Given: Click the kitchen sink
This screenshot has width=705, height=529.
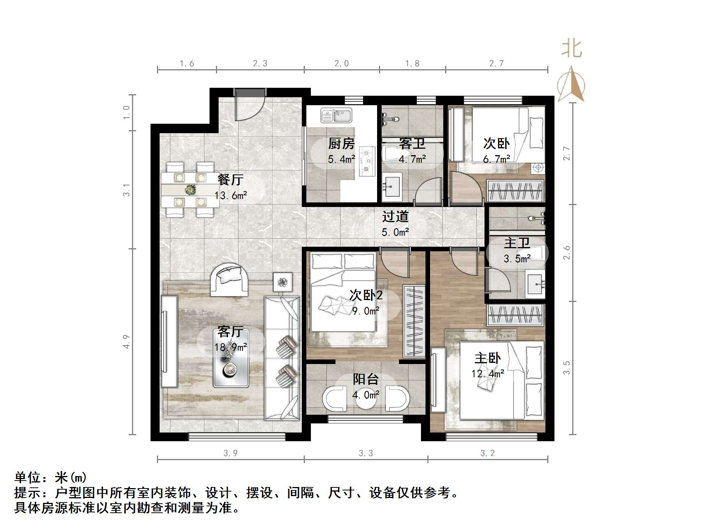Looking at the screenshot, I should tap(336, 115).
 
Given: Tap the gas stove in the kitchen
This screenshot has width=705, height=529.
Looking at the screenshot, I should tap(366, 161).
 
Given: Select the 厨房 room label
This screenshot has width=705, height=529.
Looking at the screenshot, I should tap(341, 144).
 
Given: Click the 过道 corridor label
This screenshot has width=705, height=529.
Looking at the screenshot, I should tap(395, 216).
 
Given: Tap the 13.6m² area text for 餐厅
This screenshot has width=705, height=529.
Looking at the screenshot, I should tap(231, 196).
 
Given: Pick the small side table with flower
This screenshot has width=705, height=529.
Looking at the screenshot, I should tap(283, 282).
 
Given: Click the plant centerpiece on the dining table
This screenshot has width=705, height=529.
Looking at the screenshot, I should tap(190, 189).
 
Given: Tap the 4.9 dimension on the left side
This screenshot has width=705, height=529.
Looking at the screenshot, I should tap(126, 341).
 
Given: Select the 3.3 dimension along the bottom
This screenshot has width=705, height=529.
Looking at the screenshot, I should tap(366, 453).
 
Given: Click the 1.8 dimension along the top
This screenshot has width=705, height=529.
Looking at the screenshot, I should tap(412, 63).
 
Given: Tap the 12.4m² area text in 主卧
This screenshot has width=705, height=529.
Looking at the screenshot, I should tap(488, 374).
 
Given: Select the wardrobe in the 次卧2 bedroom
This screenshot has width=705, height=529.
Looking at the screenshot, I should tap(414, 321).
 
